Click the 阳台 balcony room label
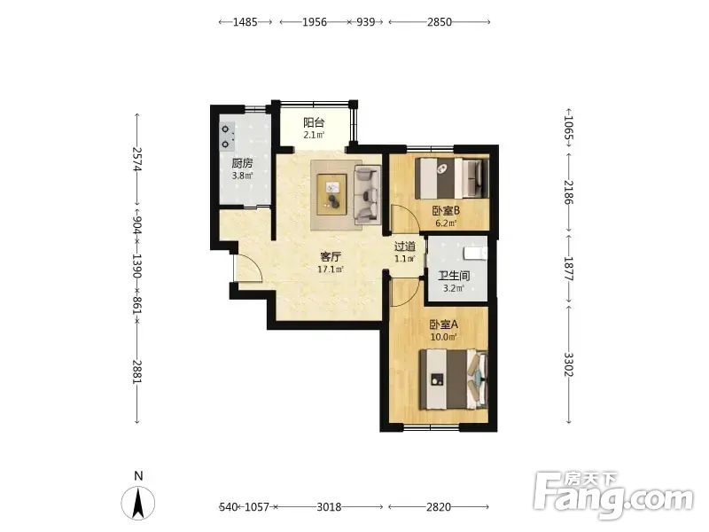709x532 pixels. click(x=314, y=122)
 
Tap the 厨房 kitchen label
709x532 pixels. click(x=242, y=163)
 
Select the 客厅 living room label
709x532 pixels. click(x=331, y=257)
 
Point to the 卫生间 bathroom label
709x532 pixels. click(x=454, y=276)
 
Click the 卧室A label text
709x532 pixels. click(x=444, y=325)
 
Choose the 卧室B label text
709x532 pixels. click(x=446, y=210)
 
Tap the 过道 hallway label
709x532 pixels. click(x=405, y=246)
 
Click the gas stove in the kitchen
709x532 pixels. click(x=227, y=137)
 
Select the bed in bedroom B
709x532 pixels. click(x=452, y=177)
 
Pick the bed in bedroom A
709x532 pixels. click(x=454, y=379)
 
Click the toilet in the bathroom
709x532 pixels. click(x=475, y=254)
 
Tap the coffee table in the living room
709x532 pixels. click(x=332, y=194)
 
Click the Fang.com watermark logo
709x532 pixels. click(x=613, y=495)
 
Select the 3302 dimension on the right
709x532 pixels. click(x=568, y=364)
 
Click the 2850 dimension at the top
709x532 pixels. click(x=439, y=21)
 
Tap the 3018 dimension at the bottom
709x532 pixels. click(x=329, y=506)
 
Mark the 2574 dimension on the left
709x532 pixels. click(x=137, y=160)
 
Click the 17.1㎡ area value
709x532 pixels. click(x=331, y=270)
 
